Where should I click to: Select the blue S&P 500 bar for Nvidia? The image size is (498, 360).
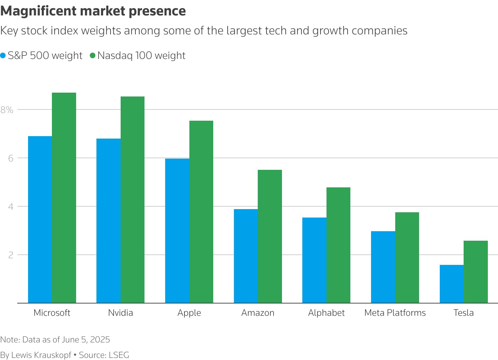pos(108,221)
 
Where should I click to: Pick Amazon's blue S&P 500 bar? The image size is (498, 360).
pos(246,256)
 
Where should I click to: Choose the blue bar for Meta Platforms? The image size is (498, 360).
pos(383,267)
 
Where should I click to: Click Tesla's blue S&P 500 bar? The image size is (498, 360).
pos(452,284)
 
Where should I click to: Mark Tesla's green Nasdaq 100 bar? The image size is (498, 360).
pos(476,272)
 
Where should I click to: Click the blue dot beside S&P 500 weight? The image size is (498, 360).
pos(3,55)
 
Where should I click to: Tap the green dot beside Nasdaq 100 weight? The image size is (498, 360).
pos(93,55)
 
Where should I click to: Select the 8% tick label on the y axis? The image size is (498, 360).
pos(7,110)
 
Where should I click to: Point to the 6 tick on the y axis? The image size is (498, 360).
pos(11,158)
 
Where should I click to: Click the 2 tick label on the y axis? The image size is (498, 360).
pos(11,255)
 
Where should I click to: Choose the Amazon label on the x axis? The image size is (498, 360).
pos(258,313)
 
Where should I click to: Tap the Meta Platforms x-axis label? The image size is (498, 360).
pos(395,313)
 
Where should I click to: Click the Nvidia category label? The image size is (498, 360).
pos(121,313)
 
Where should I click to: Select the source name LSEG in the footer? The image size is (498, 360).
pos(119,355)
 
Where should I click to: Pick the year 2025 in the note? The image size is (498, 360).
pos(100,340)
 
